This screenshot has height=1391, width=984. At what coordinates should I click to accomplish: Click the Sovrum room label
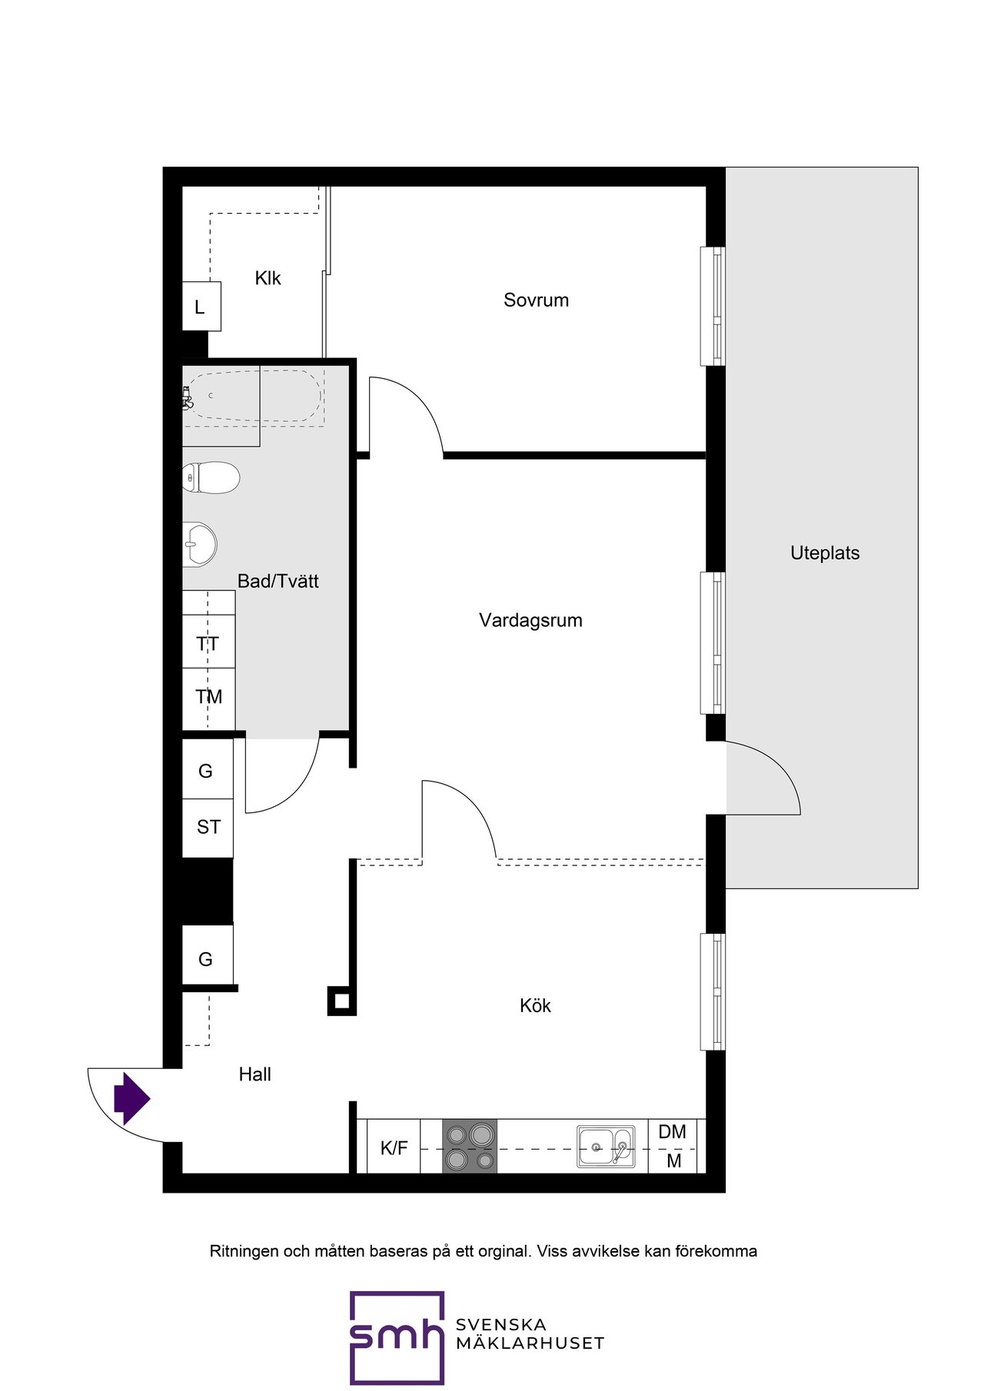tap(536, 300)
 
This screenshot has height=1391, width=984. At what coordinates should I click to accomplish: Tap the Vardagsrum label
tap(530, 620)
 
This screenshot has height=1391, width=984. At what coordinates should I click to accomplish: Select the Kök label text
tap(535, 1005)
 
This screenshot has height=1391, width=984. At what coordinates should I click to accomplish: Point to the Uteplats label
tap(825, 553)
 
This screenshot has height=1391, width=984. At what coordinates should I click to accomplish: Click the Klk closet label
tap(268, 278)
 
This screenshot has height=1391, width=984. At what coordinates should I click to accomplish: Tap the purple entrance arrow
tap(131, 1099)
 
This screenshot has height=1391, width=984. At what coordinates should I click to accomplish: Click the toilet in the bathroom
tap(211, 478)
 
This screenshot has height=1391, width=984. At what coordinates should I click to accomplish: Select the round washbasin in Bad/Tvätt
tap(200, 544)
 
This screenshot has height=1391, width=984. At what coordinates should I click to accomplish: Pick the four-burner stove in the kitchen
tap(470, 1146)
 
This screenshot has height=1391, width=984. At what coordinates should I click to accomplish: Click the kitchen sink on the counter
tap(607, 1147)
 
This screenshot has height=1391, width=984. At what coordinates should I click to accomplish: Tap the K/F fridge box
tap(394, 1147)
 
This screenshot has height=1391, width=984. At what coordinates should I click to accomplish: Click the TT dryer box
tap(208, 642)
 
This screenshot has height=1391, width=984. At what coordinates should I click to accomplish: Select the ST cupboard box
tap(208, 828)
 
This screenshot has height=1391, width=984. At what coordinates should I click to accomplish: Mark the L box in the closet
tap(201, 307)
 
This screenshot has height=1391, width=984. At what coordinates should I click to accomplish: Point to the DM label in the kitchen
tap(673, 1131)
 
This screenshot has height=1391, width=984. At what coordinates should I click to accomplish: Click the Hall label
tap(254, 1074)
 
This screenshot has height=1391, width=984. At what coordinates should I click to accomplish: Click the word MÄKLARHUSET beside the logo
tap(530, 1343)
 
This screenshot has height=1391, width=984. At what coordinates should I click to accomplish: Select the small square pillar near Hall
tap(342, 1001)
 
